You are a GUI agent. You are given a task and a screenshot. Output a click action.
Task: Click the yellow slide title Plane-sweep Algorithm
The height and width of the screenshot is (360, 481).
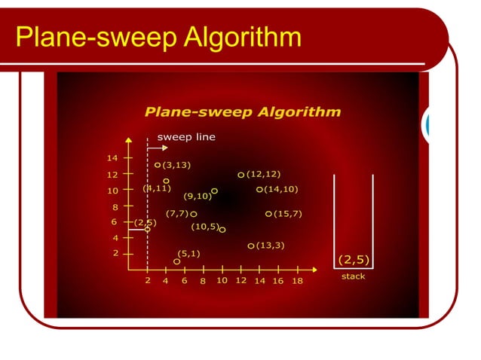pos(158,35)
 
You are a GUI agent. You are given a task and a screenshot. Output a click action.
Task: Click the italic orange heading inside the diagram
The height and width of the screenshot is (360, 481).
pos(242,112)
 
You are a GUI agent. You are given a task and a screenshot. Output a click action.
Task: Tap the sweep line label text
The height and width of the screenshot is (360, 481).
pos(185,137)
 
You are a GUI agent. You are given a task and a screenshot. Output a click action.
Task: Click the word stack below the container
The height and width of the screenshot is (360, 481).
pos(353,276)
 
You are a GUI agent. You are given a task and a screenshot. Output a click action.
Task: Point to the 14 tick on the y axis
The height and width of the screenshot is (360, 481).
pos(112,158)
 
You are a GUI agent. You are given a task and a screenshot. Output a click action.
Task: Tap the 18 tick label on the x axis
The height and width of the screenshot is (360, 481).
pos(297,281)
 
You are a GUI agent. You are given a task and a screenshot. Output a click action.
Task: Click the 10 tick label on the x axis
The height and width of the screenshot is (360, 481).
pos(222,280)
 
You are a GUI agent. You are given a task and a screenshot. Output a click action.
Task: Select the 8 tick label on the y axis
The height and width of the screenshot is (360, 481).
pos(115,206)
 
